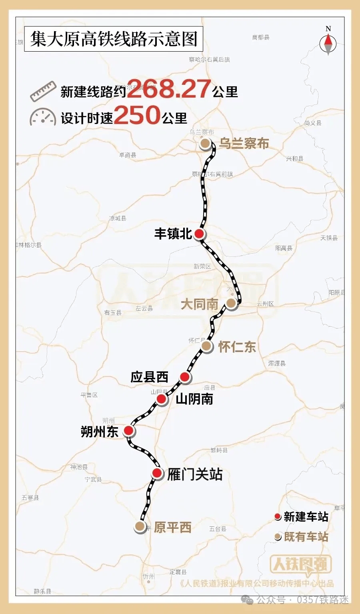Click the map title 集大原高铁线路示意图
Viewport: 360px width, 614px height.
[x=114, y=39]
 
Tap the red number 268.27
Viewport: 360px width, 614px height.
[x=169, y=89]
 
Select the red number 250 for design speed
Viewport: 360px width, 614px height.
[x=137, y=116]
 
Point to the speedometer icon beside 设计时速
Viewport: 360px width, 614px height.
[x=42, y=117]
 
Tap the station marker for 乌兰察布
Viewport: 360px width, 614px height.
[x=206, y=144]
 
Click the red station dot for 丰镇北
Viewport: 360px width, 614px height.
[x=199, y=234]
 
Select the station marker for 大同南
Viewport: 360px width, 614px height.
[x=231, y=303]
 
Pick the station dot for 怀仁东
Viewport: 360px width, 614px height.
[x=206, y=346]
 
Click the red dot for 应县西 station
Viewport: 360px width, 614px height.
[x=184, y=377]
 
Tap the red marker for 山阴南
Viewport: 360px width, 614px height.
[x=161, y=399]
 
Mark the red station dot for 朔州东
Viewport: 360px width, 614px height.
[x=128, y=430]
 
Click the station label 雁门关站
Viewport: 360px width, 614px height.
[x=195, y=474]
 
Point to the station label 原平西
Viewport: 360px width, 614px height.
[x=172, y=528]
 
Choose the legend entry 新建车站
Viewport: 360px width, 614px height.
[x=306, y=517]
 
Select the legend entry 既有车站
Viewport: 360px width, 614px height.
[x=306, y=537]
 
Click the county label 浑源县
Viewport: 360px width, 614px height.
[x=277, y=364]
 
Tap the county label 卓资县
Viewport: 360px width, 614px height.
[x=128, y=155]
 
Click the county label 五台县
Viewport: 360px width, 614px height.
[x=218, y=529]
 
